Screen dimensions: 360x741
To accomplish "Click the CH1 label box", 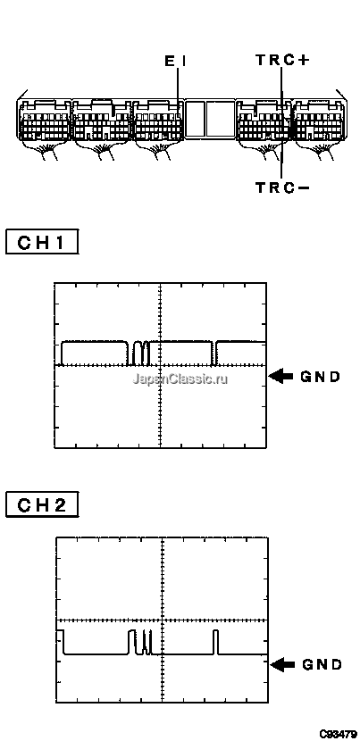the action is pos(42,242).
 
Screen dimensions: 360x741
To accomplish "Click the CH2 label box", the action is pos(42,505).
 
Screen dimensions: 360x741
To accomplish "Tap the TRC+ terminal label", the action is pos(282,60).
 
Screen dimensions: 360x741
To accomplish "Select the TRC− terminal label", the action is pos(282,187).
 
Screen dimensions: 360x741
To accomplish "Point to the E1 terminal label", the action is pos(175,61).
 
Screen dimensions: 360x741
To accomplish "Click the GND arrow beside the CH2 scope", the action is pos(282,665).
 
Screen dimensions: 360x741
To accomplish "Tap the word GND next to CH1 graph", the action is pos(321,377).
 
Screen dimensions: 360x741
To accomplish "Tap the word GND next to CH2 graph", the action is pos(322,665).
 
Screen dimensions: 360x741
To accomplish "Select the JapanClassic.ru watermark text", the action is pos(180,379).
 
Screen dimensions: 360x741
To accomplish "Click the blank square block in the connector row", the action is pos(210,119).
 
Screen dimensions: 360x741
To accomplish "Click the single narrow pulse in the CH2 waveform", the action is pos(215,642).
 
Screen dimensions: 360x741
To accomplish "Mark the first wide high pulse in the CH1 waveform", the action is pos(95,353).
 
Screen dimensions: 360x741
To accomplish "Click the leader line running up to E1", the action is pos(179,89).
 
